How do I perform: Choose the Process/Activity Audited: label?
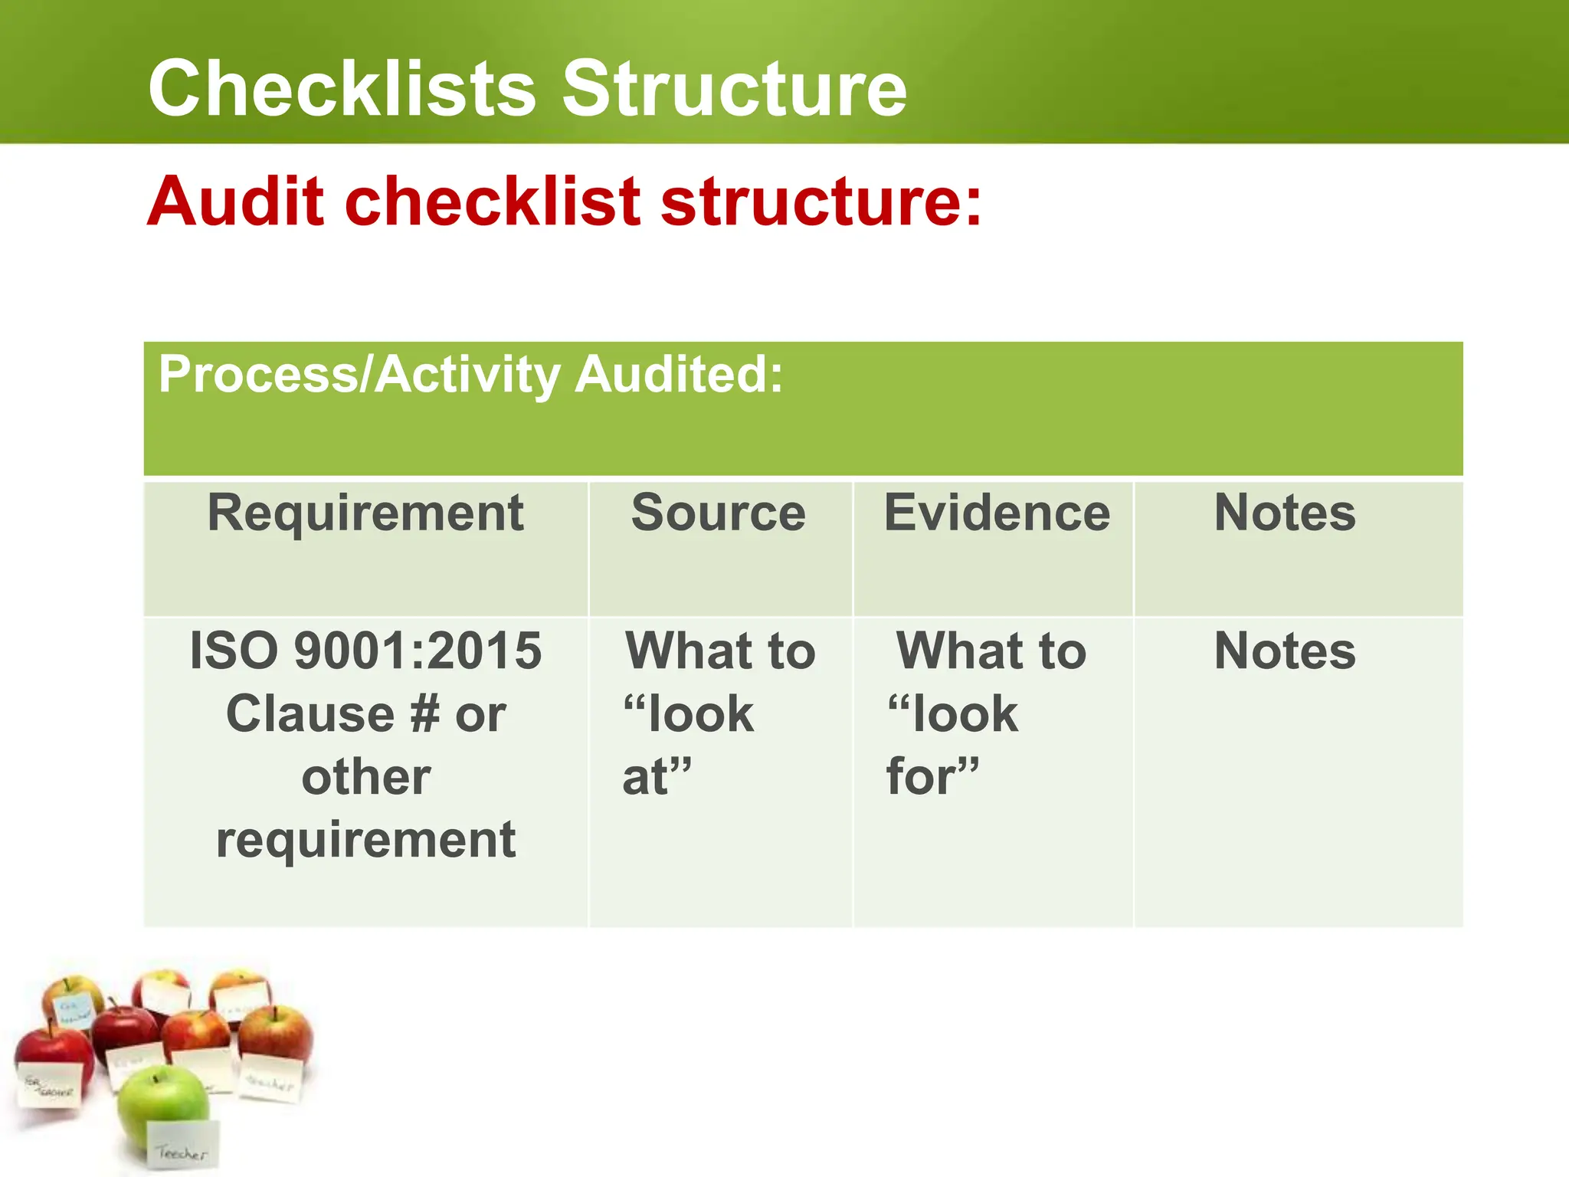470,375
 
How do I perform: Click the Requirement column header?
365,513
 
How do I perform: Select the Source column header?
719,513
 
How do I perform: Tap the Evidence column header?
997,513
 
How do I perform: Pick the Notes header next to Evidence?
1285,513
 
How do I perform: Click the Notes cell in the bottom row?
1285,651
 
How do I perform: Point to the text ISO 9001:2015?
365,651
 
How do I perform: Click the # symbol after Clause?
425,714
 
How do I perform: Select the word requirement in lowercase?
365,840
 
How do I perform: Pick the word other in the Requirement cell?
365,777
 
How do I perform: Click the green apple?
162,1104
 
